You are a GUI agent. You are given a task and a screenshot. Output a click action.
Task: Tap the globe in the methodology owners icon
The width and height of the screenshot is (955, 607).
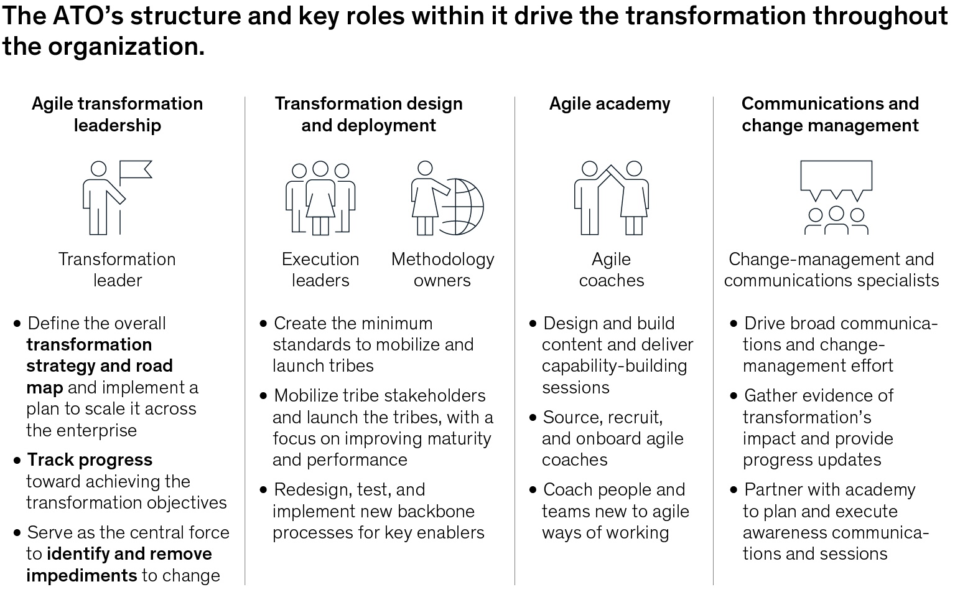coord(463,207)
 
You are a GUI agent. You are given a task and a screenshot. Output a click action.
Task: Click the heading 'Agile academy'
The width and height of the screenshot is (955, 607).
coord(610,103)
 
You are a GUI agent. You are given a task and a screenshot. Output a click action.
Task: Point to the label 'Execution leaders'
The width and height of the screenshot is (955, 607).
coord(320,270)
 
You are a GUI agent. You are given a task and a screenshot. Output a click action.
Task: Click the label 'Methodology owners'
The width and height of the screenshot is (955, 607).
coord(442,270)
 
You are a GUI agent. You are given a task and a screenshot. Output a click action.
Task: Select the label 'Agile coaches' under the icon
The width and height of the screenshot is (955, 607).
coord(612,270)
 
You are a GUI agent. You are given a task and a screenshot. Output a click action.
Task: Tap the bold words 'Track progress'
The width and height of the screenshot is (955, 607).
coord(90,460)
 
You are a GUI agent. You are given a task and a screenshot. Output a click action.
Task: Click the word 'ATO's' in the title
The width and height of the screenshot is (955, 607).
coord(87,16)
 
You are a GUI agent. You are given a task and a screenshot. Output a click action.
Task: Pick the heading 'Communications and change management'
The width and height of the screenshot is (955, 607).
coord(830,115)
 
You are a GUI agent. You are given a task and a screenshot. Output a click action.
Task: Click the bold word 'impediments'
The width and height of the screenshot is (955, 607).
coord(82,576)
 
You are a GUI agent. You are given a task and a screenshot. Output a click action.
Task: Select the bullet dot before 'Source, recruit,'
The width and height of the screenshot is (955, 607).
coord(533,418)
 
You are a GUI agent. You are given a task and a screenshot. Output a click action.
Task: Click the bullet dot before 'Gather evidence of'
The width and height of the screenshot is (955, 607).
coord(734,397)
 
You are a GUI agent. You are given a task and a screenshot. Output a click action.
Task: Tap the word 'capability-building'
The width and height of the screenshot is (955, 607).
coord(614,367)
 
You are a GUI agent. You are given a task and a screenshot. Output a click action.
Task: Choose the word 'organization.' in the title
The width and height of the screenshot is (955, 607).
coord(126,47)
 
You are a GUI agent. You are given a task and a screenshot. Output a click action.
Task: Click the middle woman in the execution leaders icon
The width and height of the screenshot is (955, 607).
coord(320,198)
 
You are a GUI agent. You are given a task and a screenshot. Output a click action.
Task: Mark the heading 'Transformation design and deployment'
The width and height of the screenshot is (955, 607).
coord(369,115)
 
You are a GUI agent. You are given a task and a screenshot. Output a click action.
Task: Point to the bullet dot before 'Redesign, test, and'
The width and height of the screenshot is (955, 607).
coord(263,490)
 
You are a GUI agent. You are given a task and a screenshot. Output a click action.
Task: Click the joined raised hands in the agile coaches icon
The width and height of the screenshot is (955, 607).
coord(612,171)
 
